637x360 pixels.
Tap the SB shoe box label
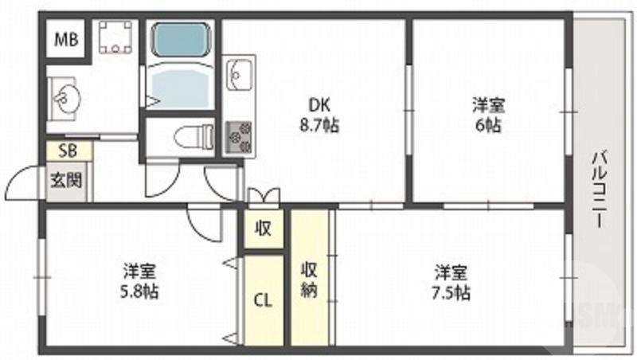click(61, 150)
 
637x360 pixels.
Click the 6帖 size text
click(489, 125)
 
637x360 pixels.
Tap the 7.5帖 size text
click(451, 292)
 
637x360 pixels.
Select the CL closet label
click(264, 300)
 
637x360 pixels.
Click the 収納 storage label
click(309, 279)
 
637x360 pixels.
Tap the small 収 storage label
click(264, 229)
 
